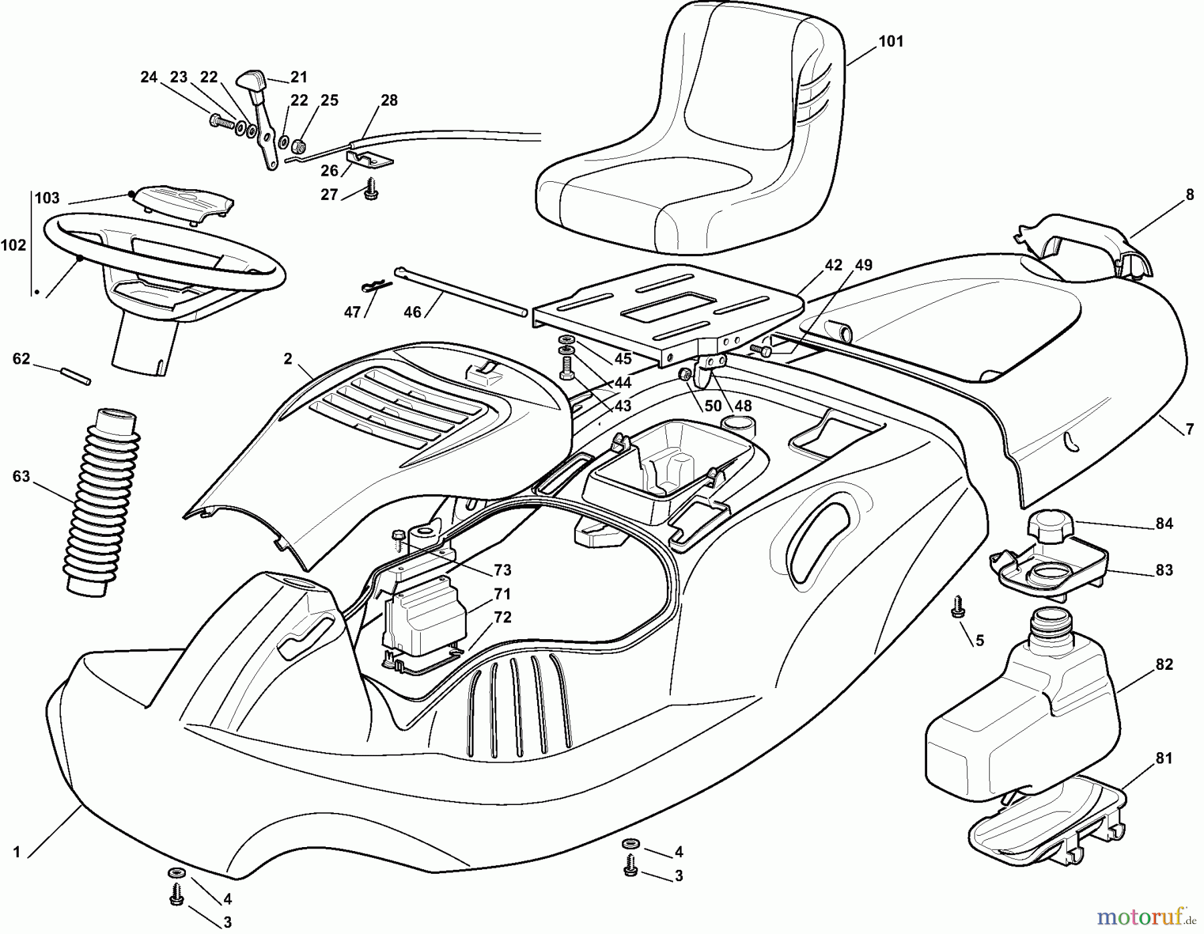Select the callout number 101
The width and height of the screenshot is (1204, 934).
pos(890,41)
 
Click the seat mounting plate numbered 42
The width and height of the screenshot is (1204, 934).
pos(669,308)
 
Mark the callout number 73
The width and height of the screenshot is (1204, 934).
pos(502,570)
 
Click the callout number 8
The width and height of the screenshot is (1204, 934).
pos(1189,195)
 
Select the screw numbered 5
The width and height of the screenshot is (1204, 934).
pos(957,607)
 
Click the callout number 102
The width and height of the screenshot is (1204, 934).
pos(13,245)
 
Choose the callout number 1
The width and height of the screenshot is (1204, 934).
pos(17,852)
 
